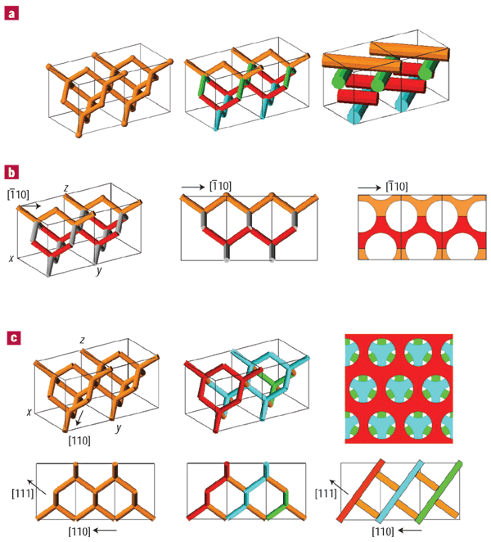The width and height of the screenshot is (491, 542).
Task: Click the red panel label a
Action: click(x=14, y=14)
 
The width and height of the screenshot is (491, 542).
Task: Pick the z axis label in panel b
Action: click(x=64, y=188)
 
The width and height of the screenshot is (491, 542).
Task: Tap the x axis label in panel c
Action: click(x=29, y=411)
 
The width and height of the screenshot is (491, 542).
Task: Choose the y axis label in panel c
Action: click(x=119, y=427)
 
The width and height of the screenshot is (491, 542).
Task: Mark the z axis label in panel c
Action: click(x=83, y=338)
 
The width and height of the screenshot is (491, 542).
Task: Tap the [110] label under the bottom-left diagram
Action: click(x=82, y=531)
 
